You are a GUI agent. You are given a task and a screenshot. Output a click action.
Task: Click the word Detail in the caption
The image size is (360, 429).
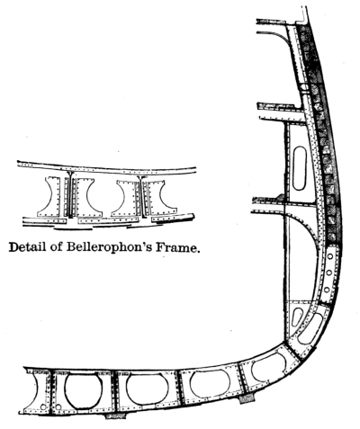[x=27, y=247]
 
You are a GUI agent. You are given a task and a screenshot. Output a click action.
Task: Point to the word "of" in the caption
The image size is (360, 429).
[x=56, y=247]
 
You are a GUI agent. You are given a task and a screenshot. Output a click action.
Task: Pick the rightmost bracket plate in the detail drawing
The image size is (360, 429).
[x=158, y=198]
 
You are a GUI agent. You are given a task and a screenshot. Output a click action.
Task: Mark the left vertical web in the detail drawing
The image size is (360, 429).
[x=69, y=195]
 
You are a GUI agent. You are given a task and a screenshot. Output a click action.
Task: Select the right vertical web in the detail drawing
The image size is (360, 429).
[x=141, y=196]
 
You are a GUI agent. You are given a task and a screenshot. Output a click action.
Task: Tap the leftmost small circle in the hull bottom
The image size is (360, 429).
[x=43, y=407]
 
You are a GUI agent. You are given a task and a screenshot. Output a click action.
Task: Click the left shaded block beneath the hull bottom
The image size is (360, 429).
[x=116, y=416]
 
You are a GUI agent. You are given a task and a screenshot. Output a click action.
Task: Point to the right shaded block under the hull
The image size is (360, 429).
[x=247, y=398]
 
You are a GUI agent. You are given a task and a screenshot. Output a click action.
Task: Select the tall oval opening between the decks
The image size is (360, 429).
[x=300, y=168]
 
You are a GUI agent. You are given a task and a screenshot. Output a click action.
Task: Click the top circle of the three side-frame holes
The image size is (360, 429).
[x=330, y=256]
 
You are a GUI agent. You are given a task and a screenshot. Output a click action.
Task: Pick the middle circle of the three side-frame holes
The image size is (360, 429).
[x=328, y=273]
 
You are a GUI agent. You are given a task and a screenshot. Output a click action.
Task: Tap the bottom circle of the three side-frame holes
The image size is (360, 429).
[x=327, y=290]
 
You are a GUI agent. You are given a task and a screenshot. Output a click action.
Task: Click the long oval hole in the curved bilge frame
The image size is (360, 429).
[x=310, y=329]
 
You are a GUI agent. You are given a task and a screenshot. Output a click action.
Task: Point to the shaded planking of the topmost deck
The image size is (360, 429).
[x=271, y=21]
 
